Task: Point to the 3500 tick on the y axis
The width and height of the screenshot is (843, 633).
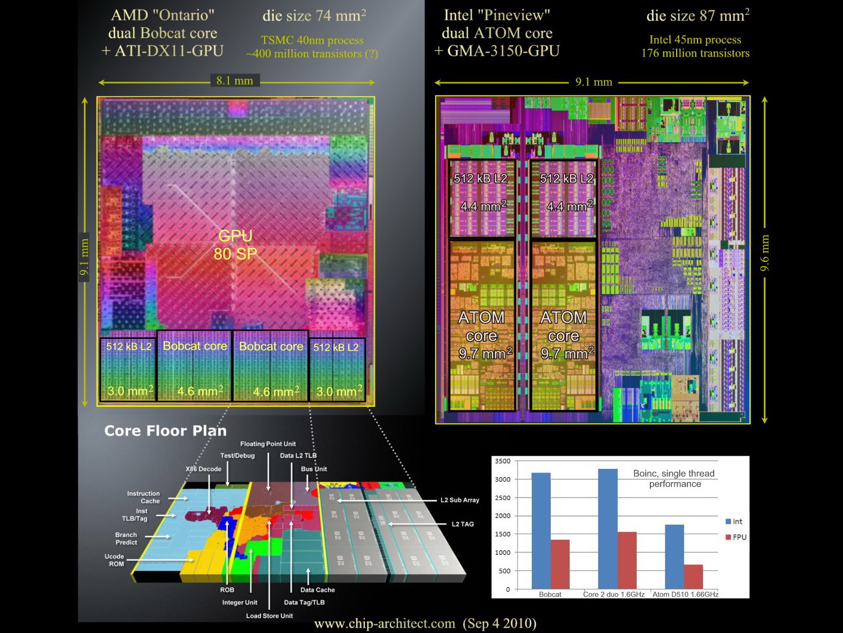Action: pyautogui.click(x=503, y=461)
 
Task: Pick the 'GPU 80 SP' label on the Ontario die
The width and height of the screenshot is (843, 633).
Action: pyautogui.click(x=235, y=245)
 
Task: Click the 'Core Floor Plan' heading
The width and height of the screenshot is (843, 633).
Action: pyautogui.click(x=165, y=431)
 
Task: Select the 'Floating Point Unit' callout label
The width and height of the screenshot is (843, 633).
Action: pyautogui.click(x=268, y=444)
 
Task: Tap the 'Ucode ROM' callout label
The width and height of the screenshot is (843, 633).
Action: pyautogui.click(x=114, y=560)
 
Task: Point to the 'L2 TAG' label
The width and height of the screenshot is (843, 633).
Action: pyautogui.click(x=463, y=524)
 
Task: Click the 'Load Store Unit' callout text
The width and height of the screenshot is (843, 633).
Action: pyautogui.click(x=269, y=616)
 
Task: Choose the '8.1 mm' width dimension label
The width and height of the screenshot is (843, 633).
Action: pyautogui.click(x=235, y=81)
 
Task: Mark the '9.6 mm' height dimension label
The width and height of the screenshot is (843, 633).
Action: pyautogui.click(x=765, y=253)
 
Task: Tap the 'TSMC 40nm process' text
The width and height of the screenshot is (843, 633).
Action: pyautogui.click(x=312, y=41)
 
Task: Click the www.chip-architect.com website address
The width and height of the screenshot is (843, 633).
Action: pyautogui.click(x=385, y=624)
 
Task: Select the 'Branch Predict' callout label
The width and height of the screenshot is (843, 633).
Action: pyautogui.click(x=126, y=539)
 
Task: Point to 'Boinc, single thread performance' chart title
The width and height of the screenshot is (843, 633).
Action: pyautogui.click(x=674, y=478)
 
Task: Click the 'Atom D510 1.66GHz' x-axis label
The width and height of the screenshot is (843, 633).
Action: pyautogui.click(x=685, y=594)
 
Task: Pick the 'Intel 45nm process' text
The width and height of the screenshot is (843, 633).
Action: pyautogui.click(x=695, y=40)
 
